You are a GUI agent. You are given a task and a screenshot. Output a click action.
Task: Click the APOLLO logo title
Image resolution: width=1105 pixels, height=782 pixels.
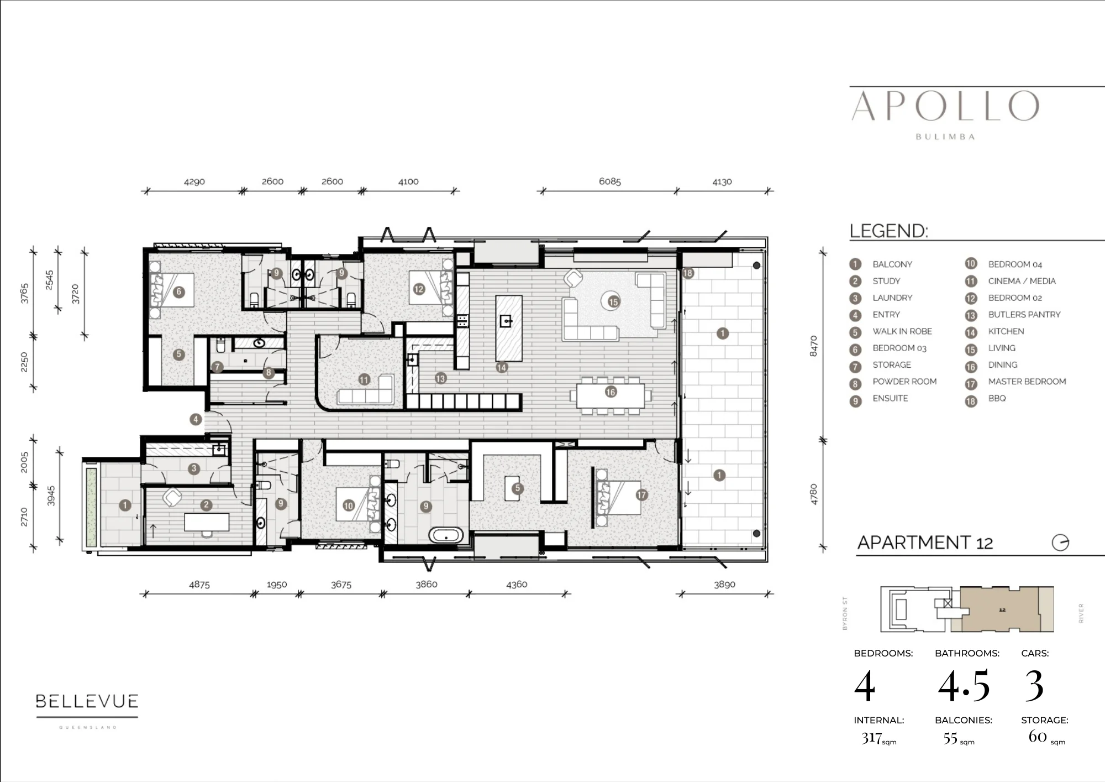tap(945, 106)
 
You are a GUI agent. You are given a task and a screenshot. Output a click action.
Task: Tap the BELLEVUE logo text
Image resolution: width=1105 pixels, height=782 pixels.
tap(87, 701)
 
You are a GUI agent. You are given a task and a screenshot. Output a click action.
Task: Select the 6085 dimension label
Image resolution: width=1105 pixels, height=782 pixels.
tap(610, 181)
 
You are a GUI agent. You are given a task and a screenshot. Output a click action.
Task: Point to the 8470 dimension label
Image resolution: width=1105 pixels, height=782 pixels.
tap(813, 346)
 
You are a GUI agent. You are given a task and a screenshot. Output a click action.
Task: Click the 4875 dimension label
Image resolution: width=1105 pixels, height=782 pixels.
tap(199, 585)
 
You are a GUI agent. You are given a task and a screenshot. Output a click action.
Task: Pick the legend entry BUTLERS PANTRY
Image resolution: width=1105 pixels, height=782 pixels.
tap(1024, 315)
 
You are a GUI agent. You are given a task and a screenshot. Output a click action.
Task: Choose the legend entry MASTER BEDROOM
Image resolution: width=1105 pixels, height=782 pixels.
tap(1027, 382)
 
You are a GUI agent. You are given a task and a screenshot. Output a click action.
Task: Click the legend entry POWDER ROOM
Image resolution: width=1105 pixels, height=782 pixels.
tap(904, 382)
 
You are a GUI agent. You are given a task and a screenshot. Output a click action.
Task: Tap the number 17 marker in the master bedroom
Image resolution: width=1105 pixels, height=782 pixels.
tap(641, 495)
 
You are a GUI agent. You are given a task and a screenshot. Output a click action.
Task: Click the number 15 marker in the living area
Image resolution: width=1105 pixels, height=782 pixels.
tap(613, 302)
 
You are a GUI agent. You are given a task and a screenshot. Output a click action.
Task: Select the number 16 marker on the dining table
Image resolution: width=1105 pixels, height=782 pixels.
tap(611, 392)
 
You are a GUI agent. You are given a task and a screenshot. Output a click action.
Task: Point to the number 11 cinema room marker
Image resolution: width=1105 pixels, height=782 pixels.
tap(364, 379)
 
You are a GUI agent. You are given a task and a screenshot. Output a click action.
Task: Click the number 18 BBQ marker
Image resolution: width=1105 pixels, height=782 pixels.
tap(688, 273)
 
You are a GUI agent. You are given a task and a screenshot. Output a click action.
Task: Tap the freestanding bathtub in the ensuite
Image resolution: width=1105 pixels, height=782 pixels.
tap(446, 535)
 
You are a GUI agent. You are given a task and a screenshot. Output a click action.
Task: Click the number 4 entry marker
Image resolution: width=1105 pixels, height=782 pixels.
tap(196, 419)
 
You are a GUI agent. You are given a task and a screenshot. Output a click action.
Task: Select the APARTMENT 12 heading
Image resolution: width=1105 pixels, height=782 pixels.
tap(925, 543)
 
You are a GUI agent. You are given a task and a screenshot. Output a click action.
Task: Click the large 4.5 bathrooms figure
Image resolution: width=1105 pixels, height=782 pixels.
tap(964, 686)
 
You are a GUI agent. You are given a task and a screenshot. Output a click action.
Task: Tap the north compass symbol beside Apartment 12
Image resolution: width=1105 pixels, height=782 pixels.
tap(1060, 543)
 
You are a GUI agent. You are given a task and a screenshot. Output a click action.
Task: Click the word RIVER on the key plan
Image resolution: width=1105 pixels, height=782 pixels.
tap(1081, 613)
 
